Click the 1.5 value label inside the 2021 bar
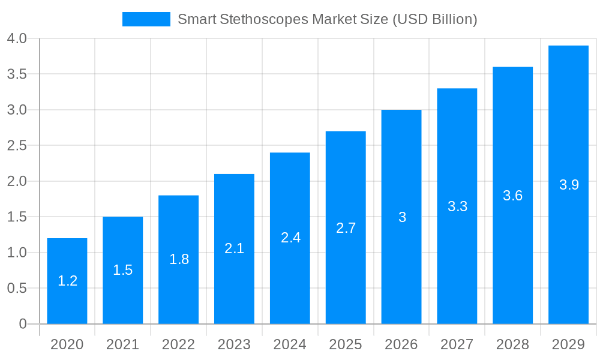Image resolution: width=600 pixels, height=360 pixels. click(123, 270)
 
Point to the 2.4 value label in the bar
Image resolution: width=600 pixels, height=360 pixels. click(290, 238)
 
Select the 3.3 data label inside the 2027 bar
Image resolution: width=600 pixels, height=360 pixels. click(457, 206)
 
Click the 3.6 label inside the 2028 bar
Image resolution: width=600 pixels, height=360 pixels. click(512, 196)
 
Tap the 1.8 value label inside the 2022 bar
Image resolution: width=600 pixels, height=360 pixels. click(179, 259)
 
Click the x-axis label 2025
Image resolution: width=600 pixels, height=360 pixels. click(346, 344)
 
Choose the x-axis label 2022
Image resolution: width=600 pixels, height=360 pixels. click(179, 344)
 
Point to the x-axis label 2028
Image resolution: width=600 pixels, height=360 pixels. click(512, 344)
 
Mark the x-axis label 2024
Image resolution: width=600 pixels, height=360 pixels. click(290, 344)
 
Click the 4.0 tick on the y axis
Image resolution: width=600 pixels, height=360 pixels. click(17, 39)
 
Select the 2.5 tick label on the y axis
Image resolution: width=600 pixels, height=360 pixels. click(17, 146)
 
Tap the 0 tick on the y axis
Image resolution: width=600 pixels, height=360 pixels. click(23, 324)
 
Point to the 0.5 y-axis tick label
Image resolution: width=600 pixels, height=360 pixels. click(17, 289)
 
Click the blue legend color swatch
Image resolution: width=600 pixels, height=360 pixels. click(146, 19)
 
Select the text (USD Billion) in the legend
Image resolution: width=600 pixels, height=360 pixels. click(434, 19)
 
